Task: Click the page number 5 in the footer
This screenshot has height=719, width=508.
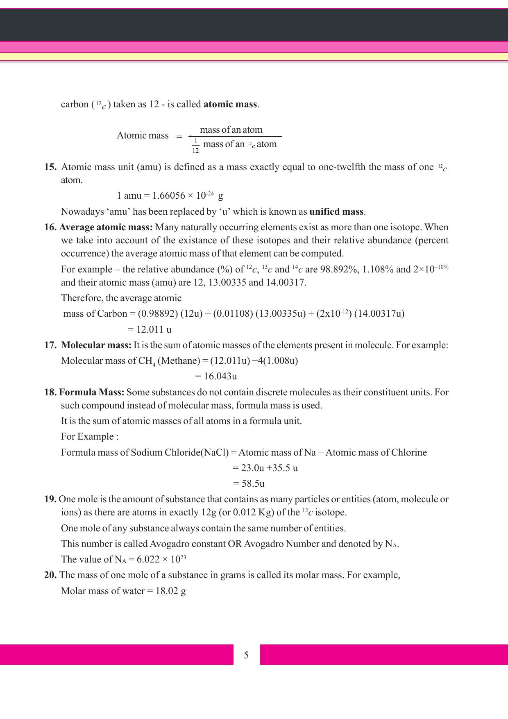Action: (246, 655)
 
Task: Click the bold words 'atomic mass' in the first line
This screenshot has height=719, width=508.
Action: (230, 104)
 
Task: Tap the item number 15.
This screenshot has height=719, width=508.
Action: (50, 167)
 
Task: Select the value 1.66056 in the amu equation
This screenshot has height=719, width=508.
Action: (169, 196)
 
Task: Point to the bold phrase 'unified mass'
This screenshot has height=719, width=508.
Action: (336, 212)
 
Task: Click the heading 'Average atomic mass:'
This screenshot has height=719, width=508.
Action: (106, 227)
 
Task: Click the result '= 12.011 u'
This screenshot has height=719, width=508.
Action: (150, 329)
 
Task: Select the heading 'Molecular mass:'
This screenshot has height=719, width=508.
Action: (96, 345)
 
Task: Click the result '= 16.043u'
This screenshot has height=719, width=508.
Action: (216, 376)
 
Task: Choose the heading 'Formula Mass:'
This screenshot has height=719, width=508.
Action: (91, 392)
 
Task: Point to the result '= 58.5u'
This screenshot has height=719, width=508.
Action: (249, 484)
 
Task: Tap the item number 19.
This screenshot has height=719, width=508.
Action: (50, 499)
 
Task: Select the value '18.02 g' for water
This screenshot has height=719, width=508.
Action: (171, 591)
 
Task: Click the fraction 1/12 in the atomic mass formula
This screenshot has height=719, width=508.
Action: (196, 146)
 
